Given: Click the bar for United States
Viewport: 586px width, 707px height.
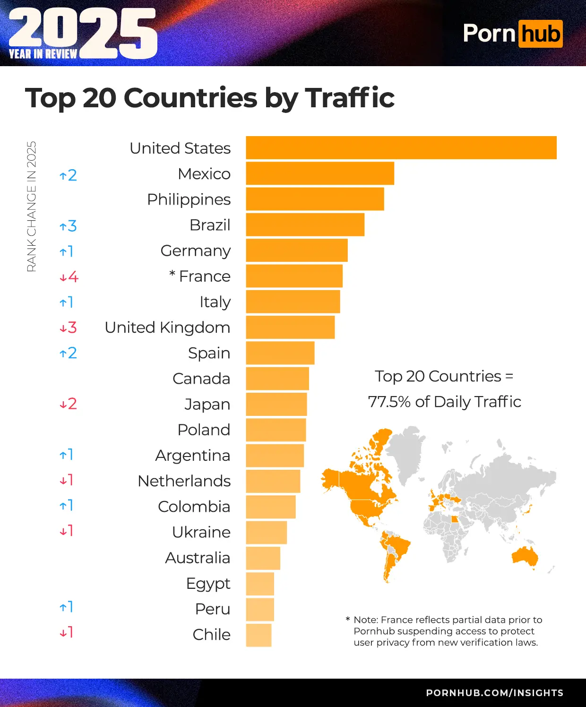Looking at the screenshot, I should coord(401,148).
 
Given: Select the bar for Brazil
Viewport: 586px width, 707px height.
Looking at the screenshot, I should coord(305,225).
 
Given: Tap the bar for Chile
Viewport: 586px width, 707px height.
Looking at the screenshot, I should coord(259,635).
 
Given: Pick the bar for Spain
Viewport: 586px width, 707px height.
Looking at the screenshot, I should coord(280,353).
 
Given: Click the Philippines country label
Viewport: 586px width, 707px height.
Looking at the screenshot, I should coord(189,199).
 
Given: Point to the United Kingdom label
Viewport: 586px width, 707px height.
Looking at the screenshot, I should coord(167,328).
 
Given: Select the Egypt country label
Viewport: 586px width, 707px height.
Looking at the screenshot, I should coord(208,584).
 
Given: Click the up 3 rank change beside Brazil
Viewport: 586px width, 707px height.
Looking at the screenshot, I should coord(68,226).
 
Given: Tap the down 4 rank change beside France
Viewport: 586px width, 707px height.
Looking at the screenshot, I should coord(69,277).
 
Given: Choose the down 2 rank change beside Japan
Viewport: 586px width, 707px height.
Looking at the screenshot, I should coord(68,404).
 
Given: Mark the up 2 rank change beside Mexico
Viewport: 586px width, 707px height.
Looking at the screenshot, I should coord(68,175).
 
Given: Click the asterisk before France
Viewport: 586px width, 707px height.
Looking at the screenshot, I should coord(172,274).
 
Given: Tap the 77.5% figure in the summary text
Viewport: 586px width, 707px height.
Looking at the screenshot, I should coord(389,402).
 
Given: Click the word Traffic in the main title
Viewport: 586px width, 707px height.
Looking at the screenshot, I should coord(350,98).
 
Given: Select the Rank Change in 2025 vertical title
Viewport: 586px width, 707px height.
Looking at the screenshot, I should coord(31,207).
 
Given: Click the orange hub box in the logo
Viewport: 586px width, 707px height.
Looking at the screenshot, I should coord(540,34).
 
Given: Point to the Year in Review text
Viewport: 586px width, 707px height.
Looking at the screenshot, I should coord(43,54).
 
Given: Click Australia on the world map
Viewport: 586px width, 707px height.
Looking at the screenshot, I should coord(525,556).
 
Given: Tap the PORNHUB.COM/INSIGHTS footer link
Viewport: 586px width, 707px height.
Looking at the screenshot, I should coord(494,693).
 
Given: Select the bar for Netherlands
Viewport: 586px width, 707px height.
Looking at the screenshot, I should coord(273,481).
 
